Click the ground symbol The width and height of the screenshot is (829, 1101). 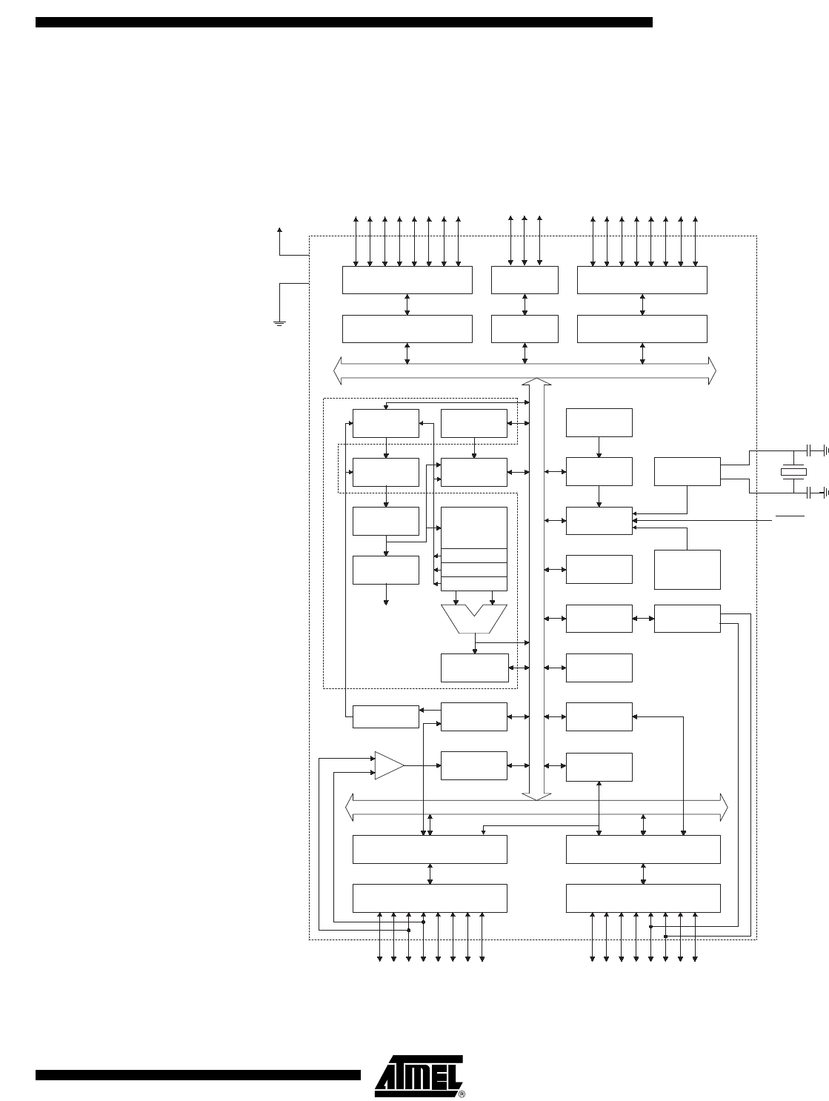[279, 323]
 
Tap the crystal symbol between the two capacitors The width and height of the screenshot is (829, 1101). [793, 472]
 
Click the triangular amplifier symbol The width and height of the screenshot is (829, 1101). [389, 765]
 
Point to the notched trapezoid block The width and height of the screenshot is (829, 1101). [474, 619]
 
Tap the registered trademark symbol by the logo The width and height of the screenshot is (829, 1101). [462, 1094]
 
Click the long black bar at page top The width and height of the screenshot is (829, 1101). [344, 22]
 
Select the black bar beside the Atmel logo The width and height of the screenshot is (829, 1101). [198, 1074]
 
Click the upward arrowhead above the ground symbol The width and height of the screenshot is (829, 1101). [279, 230]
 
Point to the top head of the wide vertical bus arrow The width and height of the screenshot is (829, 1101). [536, 382]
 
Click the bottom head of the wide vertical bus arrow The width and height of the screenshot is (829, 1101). [536, 796]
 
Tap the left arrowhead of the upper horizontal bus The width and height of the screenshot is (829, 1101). [338, 370]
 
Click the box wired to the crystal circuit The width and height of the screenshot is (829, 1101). [687, 471]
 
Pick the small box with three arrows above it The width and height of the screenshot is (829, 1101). [525, 280]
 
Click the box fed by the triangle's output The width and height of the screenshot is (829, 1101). [474, 765]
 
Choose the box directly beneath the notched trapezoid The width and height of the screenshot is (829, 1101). [474, 668]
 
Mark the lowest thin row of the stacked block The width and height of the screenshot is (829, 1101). [474, 583]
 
